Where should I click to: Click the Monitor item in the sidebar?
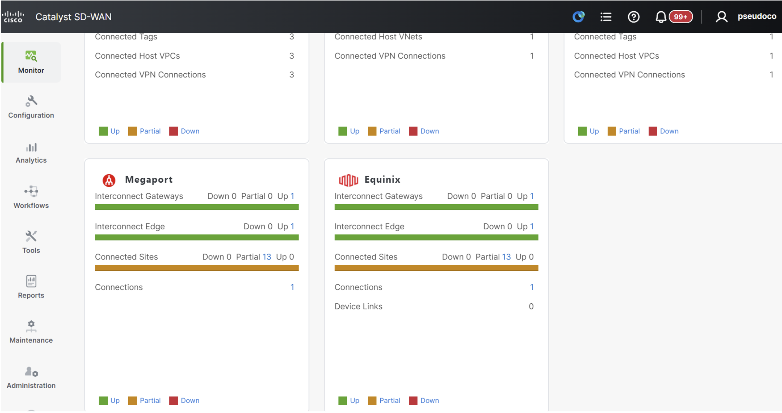pos(31,62)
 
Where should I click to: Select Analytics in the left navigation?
pos(31,153)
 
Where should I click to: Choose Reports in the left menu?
pos(31,287)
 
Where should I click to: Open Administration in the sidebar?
pos(31,377)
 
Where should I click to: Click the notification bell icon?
pos(661,17)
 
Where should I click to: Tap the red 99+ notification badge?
pos(681,17)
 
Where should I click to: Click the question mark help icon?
pos(633,17)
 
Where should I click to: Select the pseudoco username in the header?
pos(757,16)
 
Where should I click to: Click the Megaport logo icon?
pos(109,180)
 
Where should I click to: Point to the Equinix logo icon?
pos(348,180)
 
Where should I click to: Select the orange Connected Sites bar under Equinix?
pos(436,268)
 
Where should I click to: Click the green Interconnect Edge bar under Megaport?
pos(197,238)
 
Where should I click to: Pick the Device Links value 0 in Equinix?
pos(531,307)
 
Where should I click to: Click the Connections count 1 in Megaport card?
pos(292,287)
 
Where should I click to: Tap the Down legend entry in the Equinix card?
pos(424,401)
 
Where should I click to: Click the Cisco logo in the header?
pos(13,17)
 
